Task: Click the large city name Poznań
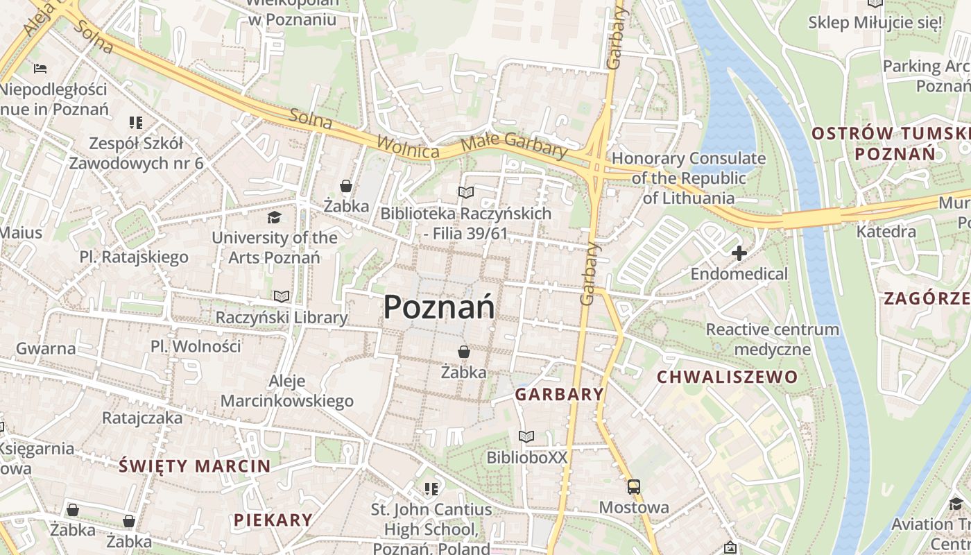click(439, 307)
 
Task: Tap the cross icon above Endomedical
click(739, 253)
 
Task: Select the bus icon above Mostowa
click(633, 486)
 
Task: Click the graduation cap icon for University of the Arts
click(274, 217)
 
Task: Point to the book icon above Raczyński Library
click(281, 296)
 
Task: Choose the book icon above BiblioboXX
click(526, 436)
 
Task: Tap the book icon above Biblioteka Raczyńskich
click(465, 192)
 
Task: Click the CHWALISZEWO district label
click(727, 377)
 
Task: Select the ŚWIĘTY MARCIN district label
click(194, 466)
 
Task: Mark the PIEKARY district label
click(273, 520)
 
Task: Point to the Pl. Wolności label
click(196, 346)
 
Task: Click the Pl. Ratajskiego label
click(134, 257)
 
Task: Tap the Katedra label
click(886, 231)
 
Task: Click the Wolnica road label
click(408, 147)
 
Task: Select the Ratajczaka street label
click(142, 418)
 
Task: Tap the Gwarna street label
click(46, 348)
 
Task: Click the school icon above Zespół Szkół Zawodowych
click(135, 123)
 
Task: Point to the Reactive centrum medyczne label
click(772, 339)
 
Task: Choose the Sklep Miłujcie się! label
click(875, 22)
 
